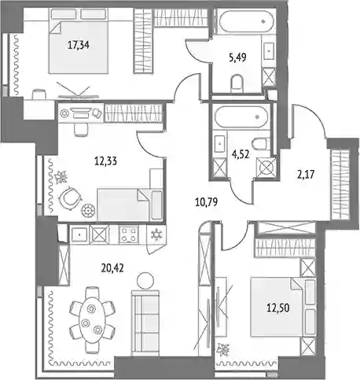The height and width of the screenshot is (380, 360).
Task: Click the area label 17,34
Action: pos(79,46)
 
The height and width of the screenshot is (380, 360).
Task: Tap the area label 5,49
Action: pos(237,57)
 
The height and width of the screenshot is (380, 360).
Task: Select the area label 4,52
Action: pos(241,154)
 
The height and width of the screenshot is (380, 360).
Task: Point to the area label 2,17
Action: pos(305,174)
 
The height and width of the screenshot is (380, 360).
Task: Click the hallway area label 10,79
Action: pos(207,202)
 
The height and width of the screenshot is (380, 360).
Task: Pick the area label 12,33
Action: pos(105,161)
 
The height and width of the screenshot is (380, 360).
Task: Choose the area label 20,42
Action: pos(112,267)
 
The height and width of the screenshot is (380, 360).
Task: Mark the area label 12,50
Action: pos(278,308)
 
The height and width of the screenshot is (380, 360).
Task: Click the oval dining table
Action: pos(92,319)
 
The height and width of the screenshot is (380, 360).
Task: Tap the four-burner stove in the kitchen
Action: pos(129,234)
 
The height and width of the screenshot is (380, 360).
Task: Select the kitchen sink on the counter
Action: pos(79,234)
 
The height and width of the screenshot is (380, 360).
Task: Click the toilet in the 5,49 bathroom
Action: pos(237,83)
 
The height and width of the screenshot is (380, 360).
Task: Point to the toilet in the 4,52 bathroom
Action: pos(260,144)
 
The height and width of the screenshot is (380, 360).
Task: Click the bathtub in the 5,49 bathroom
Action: pos(247,21)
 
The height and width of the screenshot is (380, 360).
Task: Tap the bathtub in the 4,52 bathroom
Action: pos(241,117)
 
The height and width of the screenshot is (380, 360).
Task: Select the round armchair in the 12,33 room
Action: pos(70,198)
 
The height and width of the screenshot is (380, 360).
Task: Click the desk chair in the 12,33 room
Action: pos(81,130)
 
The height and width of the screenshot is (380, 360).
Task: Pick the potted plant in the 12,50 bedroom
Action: pos(223,349)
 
